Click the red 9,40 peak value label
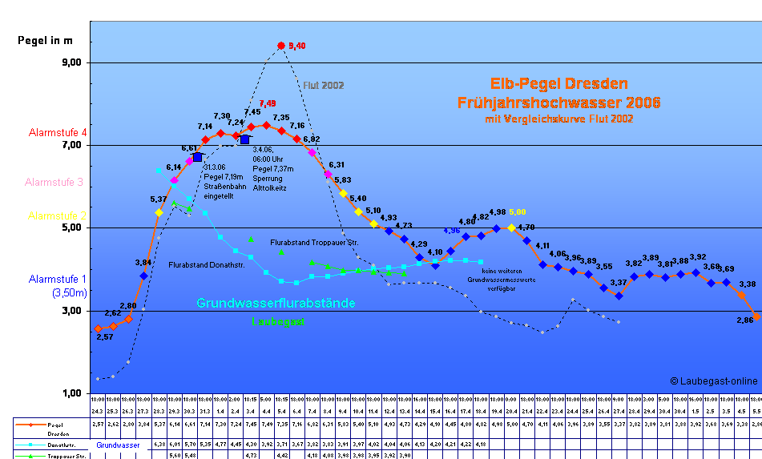tap(296, 46)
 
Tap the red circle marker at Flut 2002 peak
tap(280, 46)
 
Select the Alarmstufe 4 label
tap(58, 133)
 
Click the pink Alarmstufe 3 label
tap(54, 183)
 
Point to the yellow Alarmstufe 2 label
tap(57, 216)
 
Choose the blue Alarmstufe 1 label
tap(57, 280)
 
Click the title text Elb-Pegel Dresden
tap(558, 84)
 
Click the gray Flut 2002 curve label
tap(324, 86)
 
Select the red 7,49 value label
tap(267, 103)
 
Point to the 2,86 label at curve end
tap(744, 319)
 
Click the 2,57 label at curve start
tap(104, 337)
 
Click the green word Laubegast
tap(278, 322)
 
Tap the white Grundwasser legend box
tap(118, 445)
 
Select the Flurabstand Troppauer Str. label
tap(314, 242)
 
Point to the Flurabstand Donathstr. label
tap(207, 264)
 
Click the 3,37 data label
tap(618, 282)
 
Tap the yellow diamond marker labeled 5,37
tap(159, 212)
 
